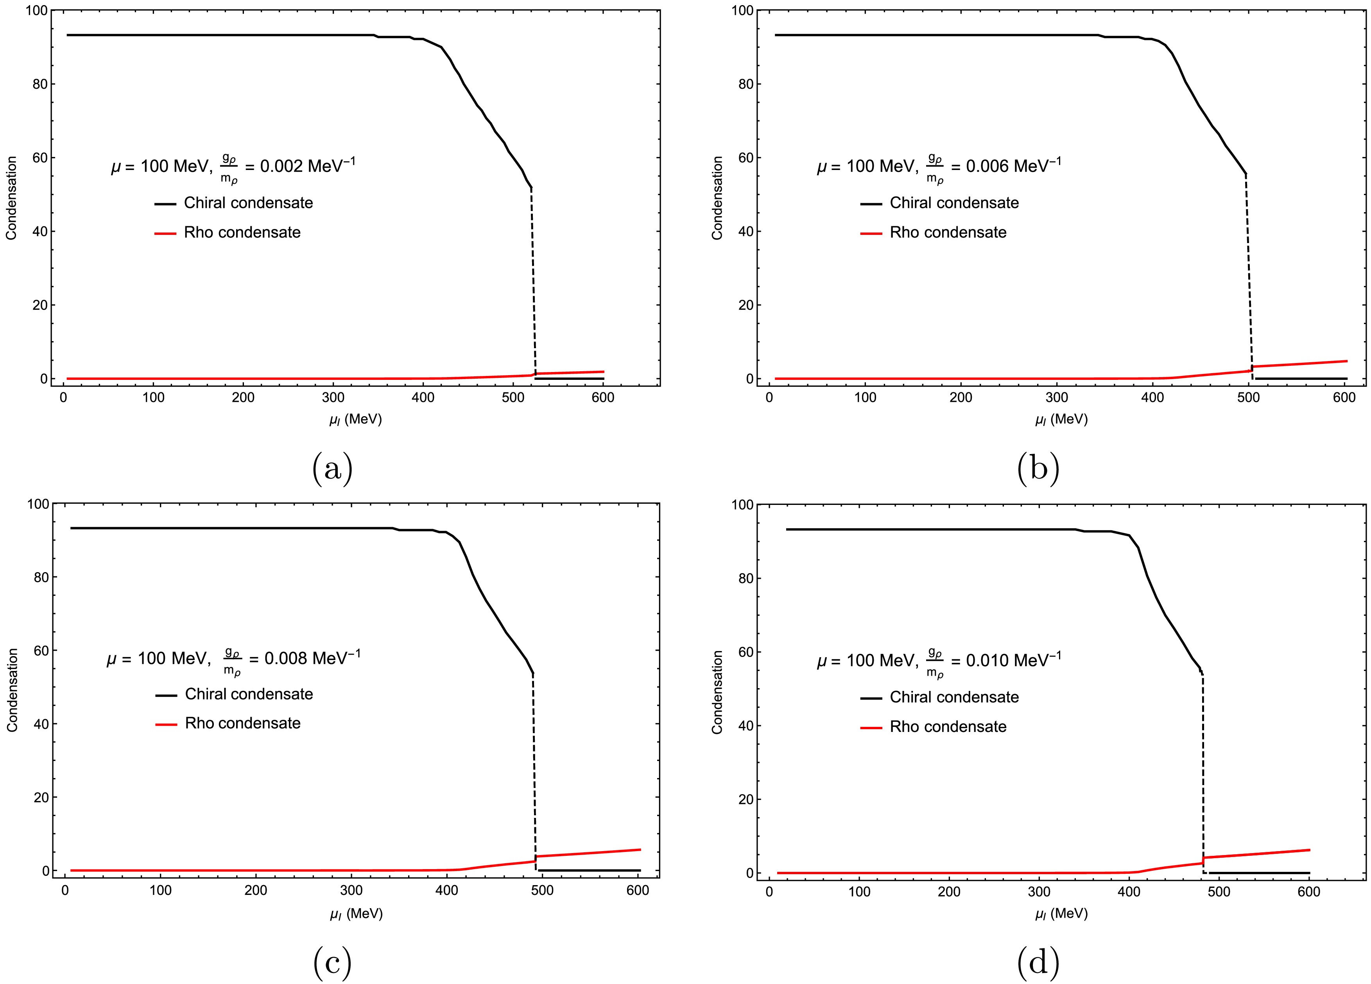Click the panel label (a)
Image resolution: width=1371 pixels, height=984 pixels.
point(332,469)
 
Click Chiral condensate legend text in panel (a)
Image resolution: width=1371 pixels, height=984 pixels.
point(249,203)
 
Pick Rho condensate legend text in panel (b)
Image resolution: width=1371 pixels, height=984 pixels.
point(948,233)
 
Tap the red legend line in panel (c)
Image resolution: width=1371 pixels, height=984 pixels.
point(166,724)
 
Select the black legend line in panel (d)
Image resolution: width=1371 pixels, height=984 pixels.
point(871,698)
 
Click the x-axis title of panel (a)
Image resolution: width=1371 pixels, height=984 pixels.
point(355,419)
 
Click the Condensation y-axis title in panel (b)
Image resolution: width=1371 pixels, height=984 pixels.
point(717,198)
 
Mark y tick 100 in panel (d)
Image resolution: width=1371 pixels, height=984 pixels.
point(742,504)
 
